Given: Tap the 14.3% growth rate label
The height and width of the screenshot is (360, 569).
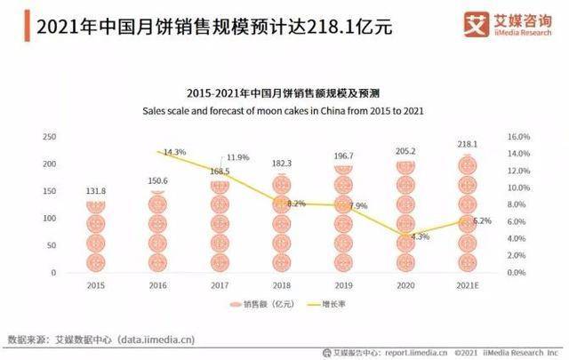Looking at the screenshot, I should (x=174, y=152).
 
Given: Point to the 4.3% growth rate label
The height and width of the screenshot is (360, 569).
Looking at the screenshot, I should (x=420, y=236).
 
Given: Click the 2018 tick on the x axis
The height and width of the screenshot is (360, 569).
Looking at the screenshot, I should (x=281, y=284).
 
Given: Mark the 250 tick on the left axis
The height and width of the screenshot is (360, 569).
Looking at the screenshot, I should (x=50, y=137).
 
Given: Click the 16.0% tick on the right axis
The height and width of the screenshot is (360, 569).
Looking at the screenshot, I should (x=518, y=137).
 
